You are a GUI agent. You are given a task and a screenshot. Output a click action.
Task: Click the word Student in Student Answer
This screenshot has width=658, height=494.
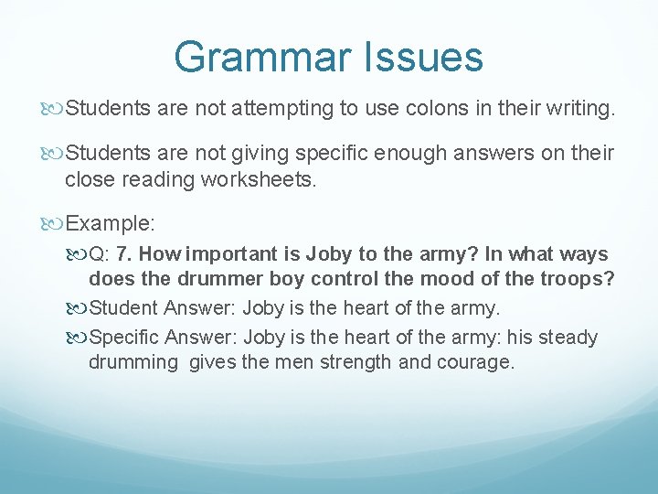coord(126,308)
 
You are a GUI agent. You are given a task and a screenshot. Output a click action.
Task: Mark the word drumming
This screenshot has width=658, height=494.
coord(133,362)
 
